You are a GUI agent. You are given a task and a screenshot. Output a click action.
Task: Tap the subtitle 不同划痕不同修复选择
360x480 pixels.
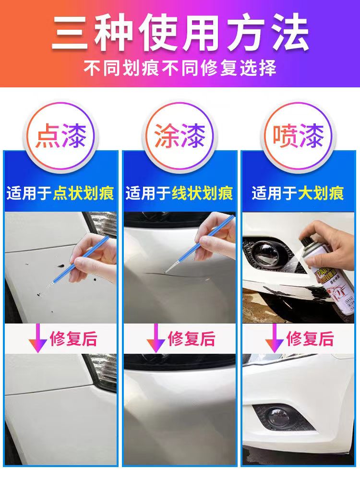tap(180, 68)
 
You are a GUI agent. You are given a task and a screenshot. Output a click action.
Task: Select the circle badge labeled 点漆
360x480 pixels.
tap(60, 136)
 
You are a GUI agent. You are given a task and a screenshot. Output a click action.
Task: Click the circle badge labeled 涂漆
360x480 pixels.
tap(180, 136)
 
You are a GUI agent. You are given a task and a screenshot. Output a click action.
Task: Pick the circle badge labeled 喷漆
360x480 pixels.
tap(298, 136)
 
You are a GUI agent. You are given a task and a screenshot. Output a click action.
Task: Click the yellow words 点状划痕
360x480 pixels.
tap(84, 194)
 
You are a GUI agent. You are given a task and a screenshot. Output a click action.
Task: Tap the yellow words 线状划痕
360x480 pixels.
tap(202, 194)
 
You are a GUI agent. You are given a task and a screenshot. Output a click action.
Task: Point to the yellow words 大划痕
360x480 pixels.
tap(321, 194)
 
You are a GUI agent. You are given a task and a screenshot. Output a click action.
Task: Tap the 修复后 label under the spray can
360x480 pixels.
tap(310, 339)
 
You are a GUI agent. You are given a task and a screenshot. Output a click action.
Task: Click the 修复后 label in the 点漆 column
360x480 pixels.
tap(73, 339)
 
